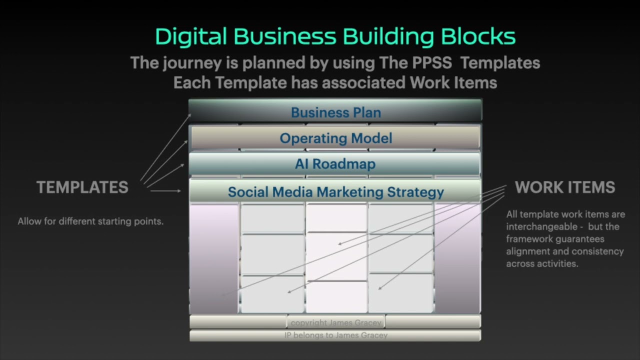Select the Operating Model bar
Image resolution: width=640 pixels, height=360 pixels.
pyautogui.click(x=335, y=138)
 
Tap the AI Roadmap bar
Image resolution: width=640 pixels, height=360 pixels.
pyautogui.click(x=335, y=164)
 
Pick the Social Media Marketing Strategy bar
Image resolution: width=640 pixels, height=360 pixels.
pyautogui.click(x=335, y=192)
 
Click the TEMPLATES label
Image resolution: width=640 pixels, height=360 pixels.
pyautogui.click(x=82, y=187)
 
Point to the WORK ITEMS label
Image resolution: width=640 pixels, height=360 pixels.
pyautogui.click(x=565, y=187)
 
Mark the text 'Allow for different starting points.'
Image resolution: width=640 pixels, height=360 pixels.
pyautogui.click(x=90, y=221)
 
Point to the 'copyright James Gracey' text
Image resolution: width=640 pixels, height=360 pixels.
pyautogui.click(x=336, y=322)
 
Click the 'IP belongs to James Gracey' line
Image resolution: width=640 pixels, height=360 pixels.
pyautogui.click(x=335, y=335)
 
